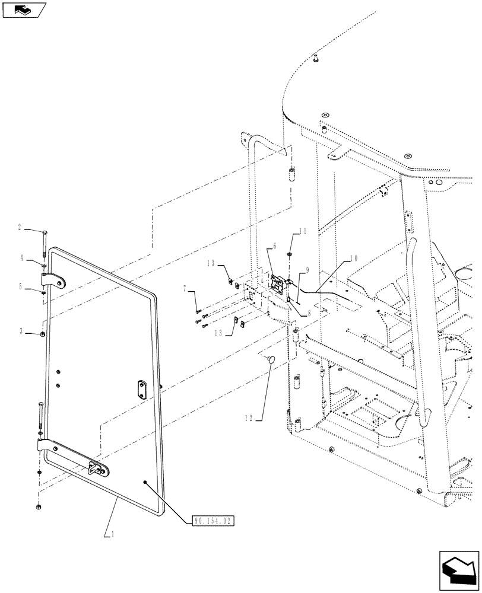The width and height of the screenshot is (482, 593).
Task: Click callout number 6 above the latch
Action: (x=275, y=246)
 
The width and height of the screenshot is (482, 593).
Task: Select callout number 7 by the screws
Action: (x=185, y=288)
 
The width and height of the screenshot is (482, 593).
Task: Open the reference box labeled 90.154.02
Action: (x=214, y=521)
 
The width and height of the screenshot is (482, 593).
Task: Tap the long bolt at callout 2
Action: (x=45, y=243)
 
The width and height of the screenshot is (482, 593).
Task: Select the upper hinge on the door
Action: (x=53, y=280)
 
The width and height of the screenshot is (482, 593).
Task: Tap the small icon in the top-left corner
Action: (x=23, y=9)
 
